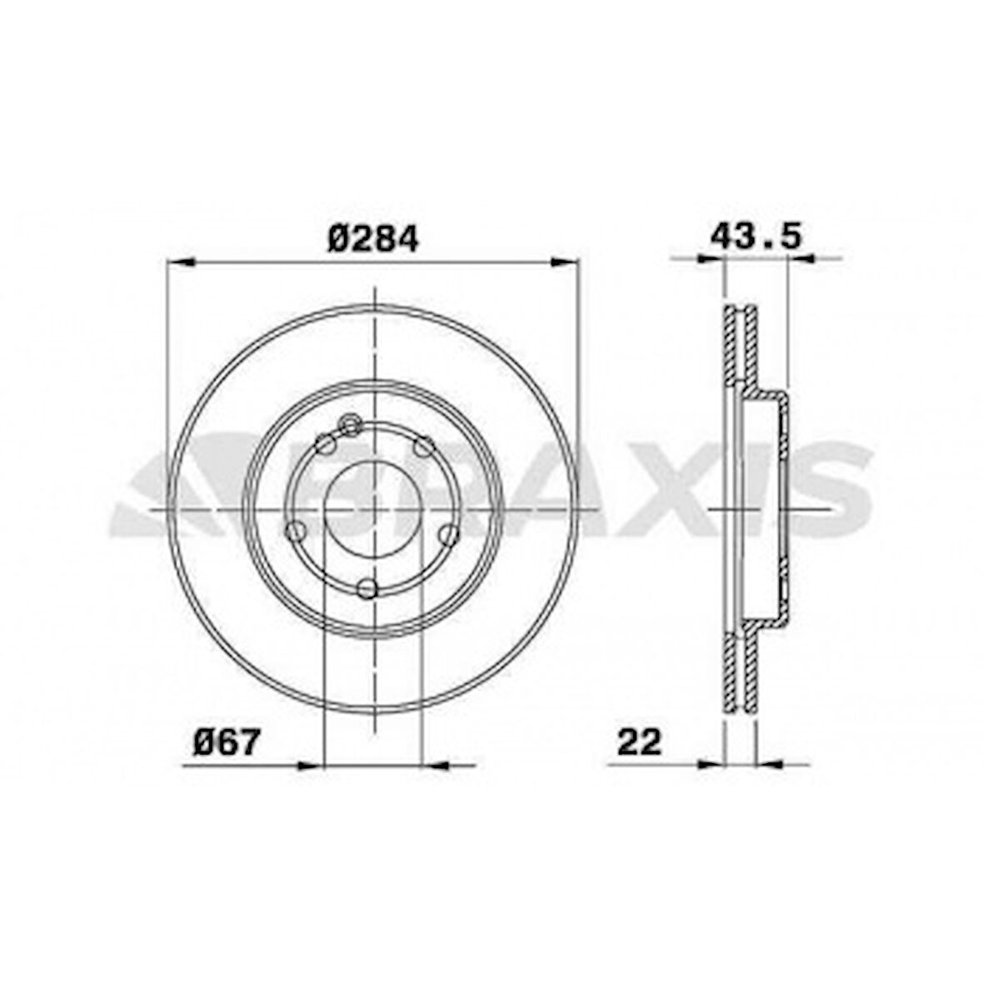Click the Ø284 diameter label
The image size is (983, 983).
point(372,239)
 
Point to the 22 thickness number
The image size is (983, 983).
point(639,741)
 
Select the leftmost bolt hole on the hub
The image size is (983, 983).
point(294,530)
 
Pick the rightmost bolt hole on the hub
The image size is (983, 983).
point(448,533)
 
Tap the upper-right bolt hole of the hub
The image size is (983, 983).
point(425,446)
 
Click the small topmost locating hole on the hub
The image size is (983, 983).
point(351,425)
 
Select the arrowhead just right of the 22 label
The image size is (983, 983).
point(767,762)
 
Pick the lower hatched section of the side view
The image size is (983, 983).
point(740,671)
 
